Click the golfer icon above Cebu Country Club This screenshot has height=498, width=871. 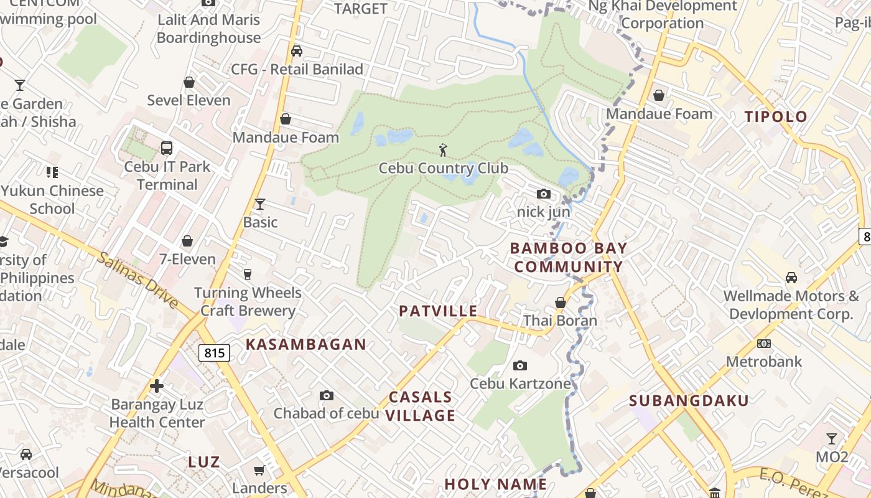coord(443,150)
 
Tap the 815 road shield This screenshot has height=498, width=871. coord(214,353)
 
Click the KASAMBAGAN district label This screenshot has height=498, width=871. coord(306,344)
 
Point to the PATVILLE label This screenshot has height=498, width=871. coord(438,311)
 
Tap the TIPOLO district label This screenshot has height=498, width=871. coord(776,116)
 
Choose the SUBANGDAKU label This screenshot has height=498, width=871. coord(689,400)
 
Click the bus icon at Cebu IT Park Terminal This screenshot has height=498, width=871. coord(167,148)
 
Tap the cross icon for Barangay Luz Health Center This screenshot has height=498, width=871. coord(157,386)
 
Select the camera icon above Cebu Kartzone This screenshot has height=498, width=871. coord(519,365)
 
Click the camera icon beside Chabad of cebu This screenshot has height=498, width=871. coord(326,395)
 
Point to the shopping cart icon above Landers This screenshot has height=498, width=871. coord(259,470)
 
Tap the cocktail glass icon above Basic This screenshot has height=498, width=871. coord(260,204)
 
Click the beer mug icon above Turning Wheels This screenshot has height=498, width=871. coord(248,274)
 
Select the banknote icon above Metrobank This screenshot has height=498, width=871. coord(764,344)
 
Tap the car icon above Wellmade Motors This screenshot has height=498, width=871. coord(791,277)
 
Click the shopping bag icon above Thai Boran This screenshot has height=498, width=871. coord(560,303)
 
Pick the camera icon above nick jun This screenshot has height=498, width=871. coord(543,194)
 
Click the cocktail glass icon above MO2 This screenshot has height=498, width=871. coord(831,439)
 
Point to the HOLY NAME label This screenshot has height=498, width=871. coord(495,484)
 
